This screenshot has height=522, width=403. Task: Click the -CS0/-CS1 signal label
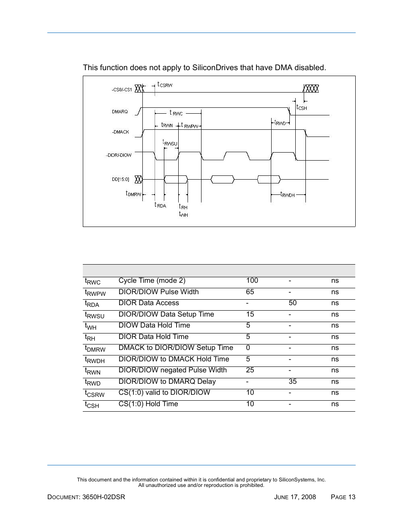pyautogui.click(x=122, y=90)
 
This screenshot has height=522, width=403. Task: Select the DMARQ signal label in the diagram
pyautogui.click(x=120, y=112)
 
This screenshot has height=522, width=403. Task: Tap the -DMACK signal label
pyautogui.click(x=120, y=132)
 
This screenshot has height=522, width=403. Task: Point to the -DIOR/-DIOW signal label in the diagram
pyautogui.click(x=119, y=155)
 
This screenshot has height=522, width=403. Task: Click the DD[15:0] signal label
pyautogui.click(x=120, y=180)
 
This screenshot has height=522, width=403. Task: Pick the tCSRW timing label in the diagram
pyautogui.click(x=165, y=85)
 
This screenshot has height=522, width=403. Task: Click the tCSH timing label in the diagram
pyautogui.click(x=302, y=107)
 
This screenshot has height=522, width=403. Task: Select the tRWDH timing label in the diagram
pyautogui.click(x=288, y=194)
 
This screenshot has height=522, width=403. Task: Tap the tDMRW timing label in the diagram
pyautogui.click(x=133, y=194)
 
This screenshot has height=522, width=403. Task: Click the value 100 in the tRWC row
pyautogui.click(x=252, y=281)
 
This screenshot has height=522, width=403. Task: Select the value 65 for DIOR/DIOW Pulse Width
pyautogui.click(x=250, y=292)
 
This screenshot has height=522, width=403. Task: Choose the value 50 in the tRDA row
pyautogui.click(x=292, y=303)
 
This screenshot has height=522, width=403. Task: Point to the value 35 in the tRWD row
pyautogui.click(x=292, y=382)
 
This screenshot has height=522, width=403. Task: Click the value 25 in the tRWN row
pyautogui.click(x=250, y=370)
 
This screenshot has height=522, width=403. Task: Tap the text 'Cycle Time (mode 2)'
pyautogui.click(x=152, y=281)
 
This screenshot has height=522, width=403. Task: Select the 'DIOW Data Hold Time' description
pyautogui.click(x=154, y=325)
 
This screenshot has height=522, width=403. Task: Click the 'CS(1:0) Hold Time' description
pyautogui.click(x=148, y=404)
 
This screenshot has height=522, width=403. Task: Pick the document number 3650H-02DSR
pyautogui.click(x=104, y=497)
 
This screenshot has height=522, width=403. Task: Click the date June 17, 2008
pyautogui.click(x=295, y=497)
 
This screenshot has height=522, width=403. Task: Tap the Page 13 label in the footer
pyautogui.click(x=343, y=497)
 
